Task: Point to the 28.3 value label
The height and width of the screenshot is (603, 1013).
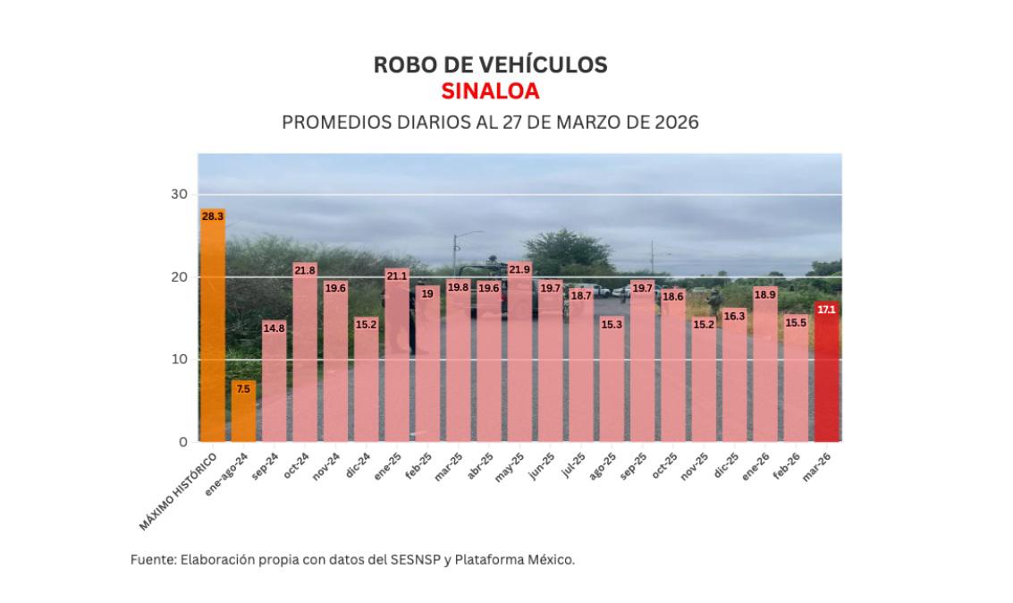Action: (x=213, y=217)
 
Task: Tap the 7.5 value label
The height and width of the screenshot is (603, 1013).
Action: (x=243, y=389)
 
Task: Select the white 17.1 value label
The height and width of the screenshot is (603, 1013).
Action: (x=827, y=310)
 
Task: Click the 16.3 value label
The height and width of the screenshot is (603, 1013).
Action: (x=734, y=316)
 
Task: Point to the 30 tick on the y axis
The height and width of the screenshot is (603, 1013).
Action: (x=180, y=194)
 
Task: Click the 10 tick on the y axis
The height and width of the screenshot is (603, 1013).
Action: (x=180, y=360)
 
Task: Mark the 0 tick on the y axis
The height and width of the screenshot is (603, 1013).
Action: (x=183, y=442)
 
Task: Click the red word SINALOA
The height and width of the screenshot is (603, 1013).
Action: (x=490, y=91)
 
